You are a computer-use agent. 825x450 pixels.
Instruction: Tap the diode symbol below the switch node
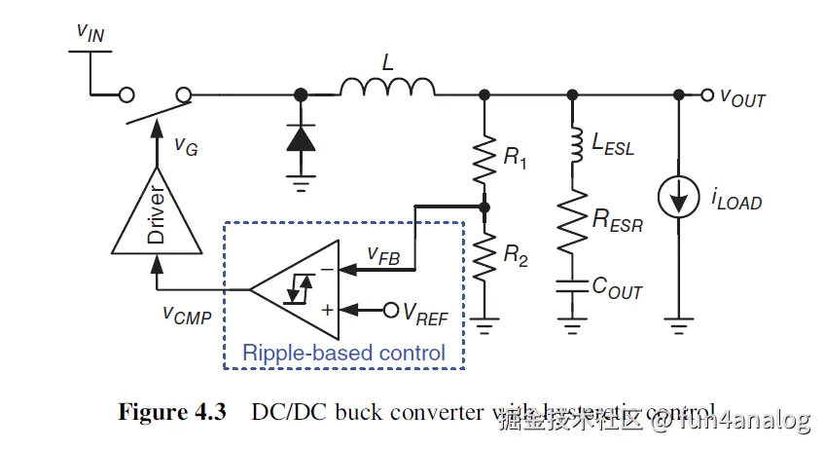pyautogui.click(x=300, y=137)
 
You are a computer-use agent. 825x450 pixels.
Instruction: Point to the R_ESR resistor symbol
pyautogui.click(x=570, y=221)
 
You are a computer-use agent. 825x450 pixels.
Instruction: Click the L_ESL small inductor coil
pyautogui.click(x=570, y=146)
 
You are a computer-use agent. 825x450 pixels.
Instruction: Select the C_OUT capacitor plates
pyautogui.click(x=570, y=288)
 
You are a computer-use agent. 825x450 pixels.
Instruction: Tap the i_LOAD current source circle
pyautogui.click(x=678, y=199)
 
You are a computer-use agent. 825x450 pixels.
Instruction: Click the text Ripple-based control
pyautogui.click(x=343, y=352)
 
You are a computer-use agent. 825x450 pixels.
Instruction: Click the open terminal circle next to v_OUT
pyautogui.click(x=707, y=94)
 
